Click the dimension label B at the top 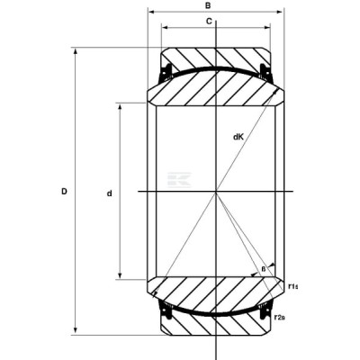tap(208, 5)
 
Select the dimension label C tap(209, 22)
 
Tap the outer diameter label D tap(64, 191)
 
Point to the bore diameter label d tap(110, 193)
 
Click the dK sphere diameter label tap(238, 137)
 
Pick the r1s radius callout tap(292, 286)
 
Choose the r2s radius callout tap(279, 317)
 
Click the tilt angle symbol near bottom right tap(264, 269)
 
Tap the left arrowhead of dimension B tap(151, 12)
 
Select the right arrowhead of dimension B tap(279, 12)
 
